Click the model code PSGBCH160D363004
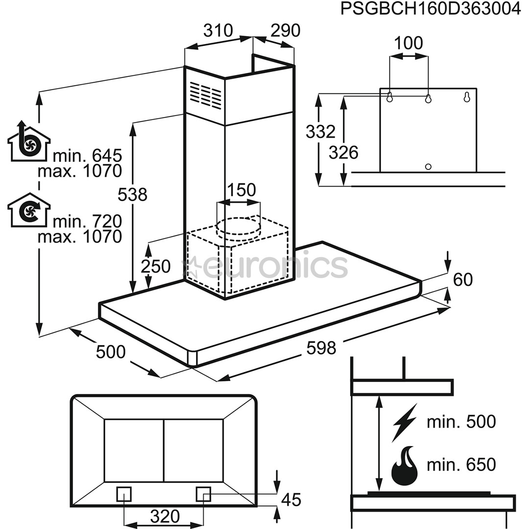click(x=431, y=9)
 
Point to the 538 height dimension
click(x=132, y=194)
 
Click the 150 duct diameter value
click(x=241, y=190)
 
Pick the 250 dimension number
click(x=155, y=266)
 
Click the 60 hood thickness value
click(x=463, y=280)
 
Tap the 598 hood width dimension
click(x=321, y=348)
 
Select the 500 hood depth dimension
click(x=111, y=351)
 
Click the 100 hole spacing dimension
click(x=409, y=43)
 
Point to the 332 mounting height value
click(x=320, y=131)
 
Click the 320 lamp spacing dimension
click(x=164, y=516)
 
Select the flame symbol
click(x=405, y=466)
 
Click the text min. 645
click(x=87, y=156)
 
